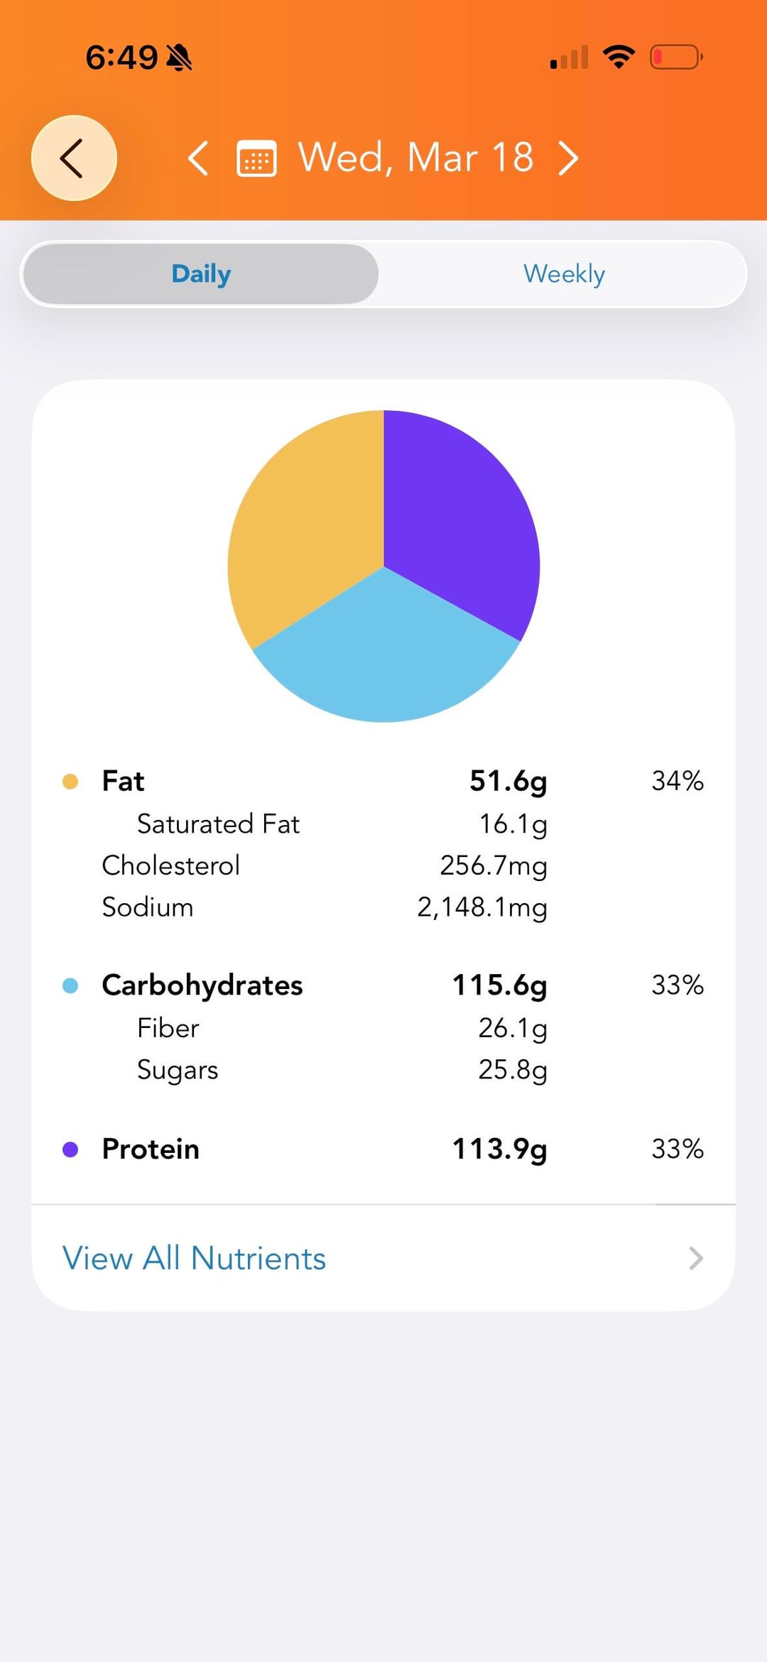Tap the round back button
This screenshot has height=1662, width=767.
tap(74, 158)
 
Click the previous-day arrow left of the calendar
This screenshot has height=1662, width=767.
tap(198, 158)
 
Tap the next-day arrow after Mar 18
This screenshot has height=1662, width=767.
tap(568, 158)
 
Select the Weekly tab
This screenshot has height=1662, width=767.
tap(564, 274)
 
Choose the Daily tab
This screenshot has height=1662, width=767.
tap(201, 274)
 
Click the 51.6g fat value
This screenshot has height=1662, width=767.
tap(508, 781)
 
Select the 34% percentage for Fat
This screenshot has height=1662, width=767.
tap(677, 781)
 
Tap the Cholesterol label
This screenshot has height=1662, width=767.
tap(170, 865)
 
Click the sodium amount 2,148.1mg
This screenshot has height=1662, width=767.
tap(482, 907)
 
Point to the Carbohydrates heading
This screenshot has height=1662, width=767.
tap(202, 985)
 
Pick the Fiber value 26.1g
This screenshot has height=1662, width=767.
tap(512, 1028)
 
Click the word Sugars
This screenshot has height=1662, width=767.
tap(178, 1070)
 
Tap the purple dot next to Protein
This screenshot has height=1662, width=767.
tap(70, 1149)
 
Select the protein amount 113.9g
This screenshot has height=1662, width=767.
tap(499, 1149)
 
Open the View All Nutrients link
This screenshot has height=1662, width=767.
tap(194, 1258)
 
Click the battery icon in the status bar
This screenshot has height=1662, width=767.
tap(676, 57)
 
